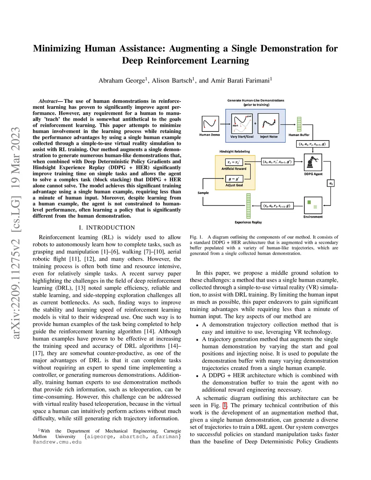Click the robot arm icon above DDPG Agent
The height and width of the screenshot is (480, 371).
(x=313, y=162)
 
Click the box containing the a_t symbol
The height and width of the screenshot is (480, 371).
(x=330, y=183)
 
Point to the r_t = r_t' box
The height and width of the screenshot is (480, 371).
(x=234, y=162)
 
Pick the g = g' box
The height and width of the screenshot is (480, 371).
(x=234, y=179)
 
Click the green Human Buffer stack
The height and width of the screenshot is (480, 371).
(x=299, y=124)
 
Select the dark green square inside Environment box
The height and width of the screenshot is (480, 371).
(x=309, y=202)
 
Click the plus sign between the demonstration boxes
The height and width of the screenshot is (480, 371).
(x=255, y=124)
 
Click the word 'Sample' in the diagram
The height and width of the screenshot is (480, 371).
(x=203, y=193)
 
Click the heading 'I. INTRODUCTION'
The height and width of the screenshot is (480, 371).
(x=107, y=228)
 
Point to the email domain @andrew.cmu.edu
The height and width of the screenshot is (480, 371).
(x=57, y=442)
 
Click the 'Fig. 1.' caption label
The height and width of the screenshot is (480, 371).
(x=196, y=237)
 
